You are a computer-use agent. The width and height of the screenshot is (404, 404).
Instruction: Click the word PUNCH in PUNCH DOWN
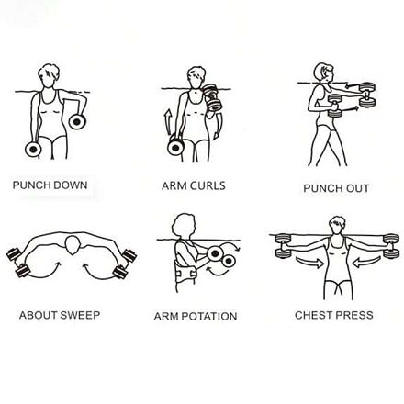(30, 185)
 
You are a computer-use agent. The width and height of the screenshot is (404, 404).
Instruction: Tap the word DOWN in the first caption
(69, 185)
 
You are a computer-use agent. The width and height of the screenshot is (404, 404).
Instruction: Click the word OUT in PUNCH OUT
(357, 188)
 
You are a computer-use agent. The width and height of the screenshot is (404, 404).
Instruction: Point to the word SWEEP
(80, 315)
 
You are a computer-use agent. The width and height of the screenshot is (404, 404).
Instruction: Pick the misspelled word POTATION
(209, 316)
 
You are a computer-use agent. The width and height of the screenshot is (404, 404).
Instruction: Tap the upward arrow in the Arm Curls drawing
(168, 122)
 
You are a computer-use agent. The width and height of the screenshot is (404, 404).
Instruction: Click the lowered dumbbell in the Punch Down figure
(33, 149)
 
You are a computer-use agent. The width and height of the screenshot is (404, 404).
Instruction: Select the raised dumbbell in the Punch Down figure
(77, 121)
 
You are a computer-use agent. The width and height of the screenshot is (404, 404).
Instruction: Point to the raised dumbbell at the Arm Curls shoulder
(211, 97)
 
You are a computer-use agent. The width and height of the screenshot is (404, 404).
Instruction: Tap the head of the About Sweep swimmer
(73, 245)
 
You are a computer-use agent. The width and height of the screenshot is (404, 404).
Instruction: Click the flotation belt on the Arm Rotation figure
(185, 273)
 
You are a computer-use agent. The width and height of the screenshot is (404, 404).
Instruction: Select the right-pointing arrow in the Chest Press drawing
(309, 263)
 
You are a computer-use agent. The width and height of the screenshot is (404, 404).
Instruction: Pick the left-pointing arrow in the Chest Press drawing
(366, 263)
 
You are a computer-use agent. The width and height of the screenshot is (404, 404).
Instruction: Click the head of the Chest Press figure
(337, 225)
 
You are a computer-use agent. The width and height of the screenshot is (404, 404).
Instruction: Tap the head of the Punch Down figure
(49, 75)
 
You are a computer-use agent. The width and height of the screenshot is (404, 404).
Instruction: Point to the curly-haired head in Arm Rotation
(184, 226)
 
